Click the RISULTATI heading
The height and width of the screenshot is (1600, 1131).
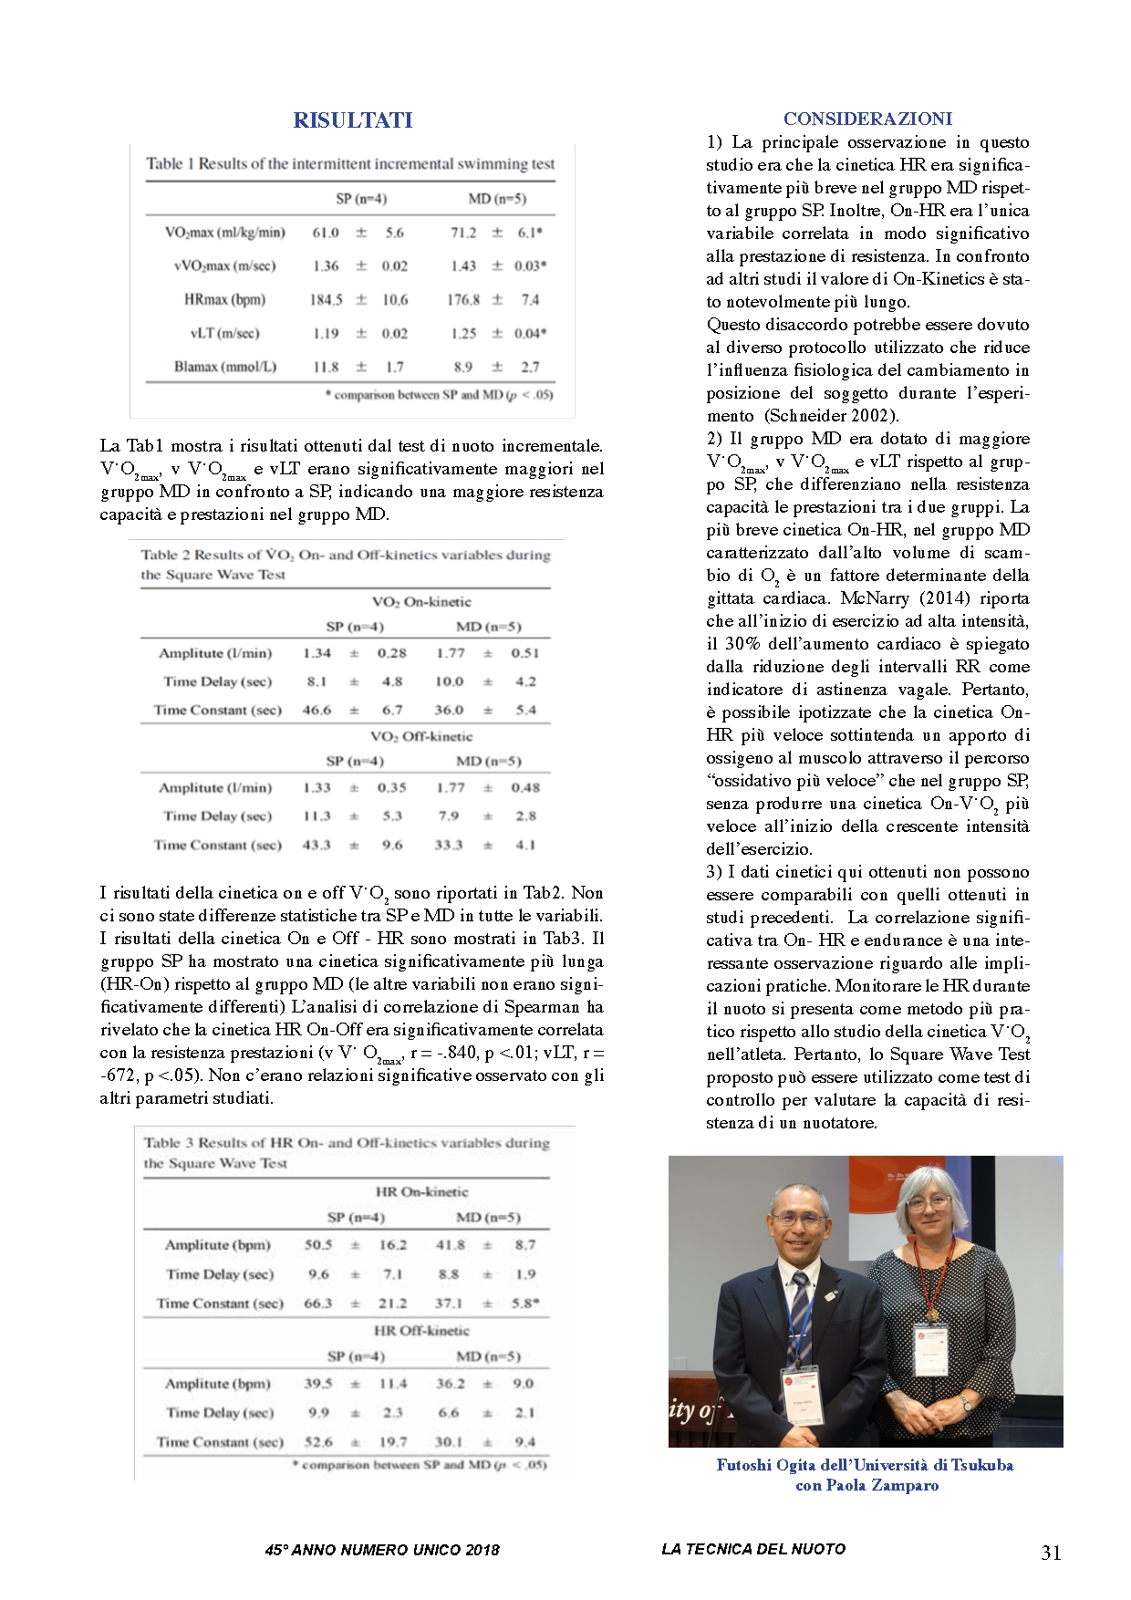coord(352,120)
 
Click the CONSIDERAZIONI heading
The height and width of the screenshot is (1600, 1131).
coord(867,119)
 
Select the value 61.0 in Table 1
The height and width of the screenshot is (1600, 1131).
coord(326,233)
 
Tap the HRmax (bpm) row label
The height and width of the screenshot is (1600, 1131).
coord(224,299)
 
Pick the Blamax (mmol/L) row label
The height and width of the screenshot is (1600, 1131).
coord(224,367)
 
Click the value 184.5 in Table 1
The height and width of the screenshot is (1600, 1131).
coord(326,299)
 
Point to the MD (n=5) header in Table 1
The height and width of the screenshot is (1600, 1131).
coord(496,199)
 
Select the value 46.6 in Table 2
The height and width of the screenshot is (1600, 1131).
coord(316,710)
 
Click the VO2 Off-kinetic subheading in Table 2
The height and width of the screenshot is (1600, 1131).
coord(421,736)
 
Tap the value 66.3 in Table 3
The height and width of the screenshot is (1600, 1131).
coord(317,1304)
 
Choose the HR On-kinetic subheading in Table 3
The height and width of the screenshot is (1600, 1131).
coord(421,1191)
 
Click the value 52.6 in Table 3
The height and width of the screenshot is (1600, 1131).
coord(318,1442)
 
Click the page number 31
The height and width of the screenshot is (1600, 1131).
coord(1051,1553)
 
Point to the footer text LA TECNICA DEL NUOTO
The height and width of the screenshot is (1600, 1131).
coord(753,1549)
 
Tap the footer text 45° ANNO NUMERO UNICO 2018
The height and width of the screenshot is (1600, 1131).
coord(382,1550)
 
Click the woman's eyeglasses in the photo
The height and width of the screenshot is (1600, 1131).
coord(929,1202)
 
